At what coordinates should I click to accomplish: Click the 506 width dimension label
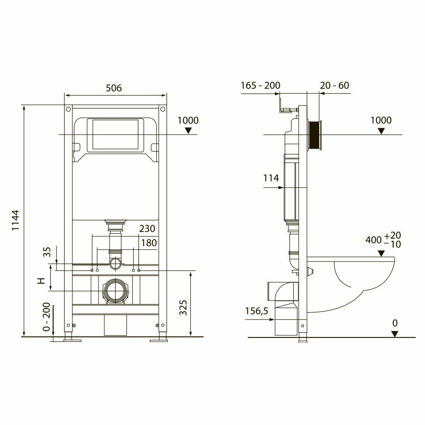[x=114, y=88]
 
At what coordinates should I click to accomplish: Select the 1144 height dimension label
[x=16, y=220]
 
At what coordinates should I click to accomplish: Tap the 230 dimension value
[x=147, y=229]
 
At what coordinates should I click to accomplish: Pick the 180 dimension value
[x=149, y=243]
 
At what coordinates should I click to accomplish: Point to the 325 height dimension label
[x=183, y=307]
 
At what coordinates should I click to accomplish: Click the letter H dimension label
[x=41, y=281]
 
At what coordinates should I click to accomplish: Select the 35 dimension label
[x=47, y=252]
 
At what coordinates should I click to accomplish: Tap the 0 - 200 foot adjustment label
[x=46, y=317]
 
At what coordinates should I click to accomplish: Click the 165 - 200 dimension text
[x=261, y=85]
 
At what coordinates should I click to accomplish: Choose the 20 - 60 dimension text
[x=334, y=85]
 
